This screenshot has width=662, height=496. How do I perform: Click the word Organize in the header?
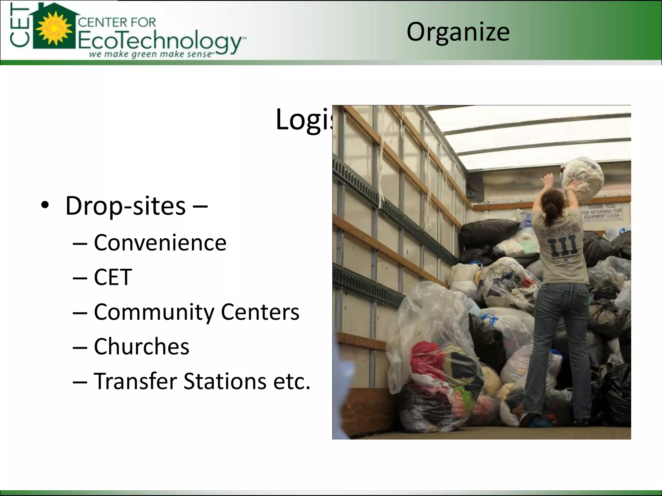coord(458,32)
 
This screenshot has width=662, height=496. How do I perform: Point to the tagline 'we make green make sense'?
coord(151,54)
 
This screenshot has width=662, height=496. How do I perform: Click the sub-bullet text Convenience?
coord(160,243)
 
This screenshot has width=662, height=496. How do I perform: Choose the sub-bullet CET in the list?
coord(113,277)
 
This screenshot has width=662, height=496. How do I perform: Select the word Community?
coord(154,312)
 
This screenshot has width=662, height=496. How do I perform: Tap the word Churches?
coord(141,346)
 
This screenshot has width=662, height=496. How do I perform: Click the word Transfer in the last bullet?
coord(135,381)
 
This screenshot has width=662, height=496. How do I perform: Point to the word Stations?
coord(225,381)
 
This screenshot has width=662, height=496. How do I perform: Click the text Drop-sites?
coord(125,206)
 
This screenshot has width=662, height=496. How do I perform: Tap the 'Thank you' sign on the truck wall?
coord(602,212)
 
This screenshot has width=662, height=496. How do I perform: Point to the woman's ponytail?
coord(550,210)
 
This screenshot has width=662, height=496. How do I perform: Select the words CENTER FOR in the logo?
coord(117,23)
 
